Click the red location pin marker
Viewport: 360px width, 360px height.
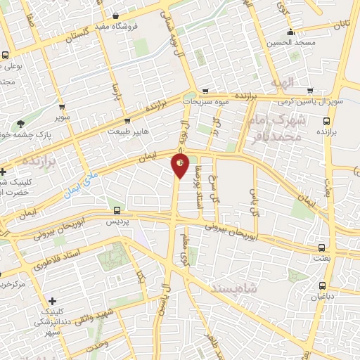pyautogui.click(x=180, y=166)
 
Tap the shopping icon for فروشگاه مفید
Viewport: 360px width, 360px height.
pyautogui.click(x=116, y=17)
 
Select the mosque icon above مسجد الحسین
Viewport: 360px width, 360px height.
pyautogui.click(x=290, y=32)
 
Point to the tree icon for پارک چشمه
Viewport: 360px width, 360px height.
pyautogui.click(x=20, y=124)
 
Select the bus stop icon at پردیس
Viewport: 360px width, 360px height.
pyautogui.click(x=117, y=210)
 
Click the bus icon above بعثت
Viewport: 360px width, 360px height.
pyautogui.click(x=322, y=248)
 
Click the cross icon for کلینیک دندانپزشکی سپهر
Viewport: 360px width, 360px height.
pyautogui.click(x=51, y=301)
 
